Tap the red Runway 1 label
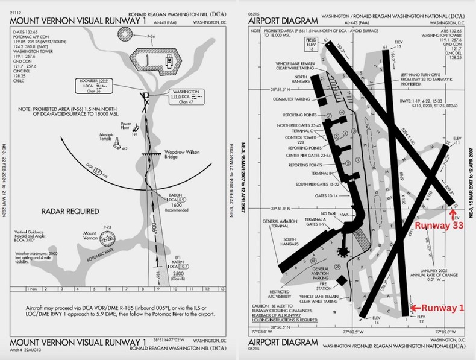(x=441, y=308)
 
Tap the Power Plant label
(x=126, y=125)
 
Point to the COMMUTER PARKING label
(x=293, y=99)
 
